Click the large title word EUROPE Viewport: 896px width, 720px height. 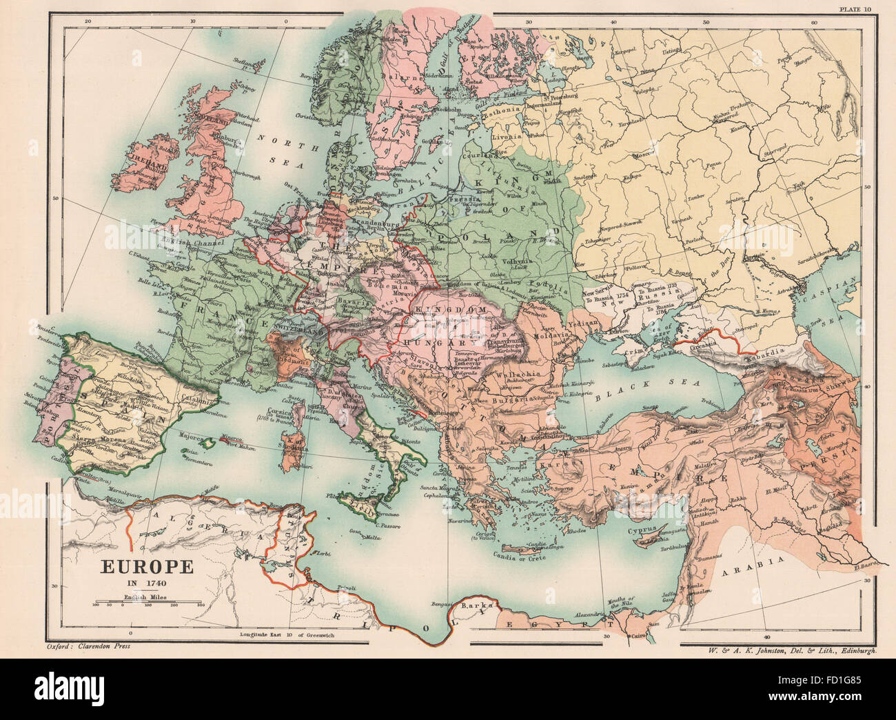tap(147, 567)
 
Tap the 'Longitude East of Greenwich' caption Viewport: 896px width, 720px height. tap(287, 634)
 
